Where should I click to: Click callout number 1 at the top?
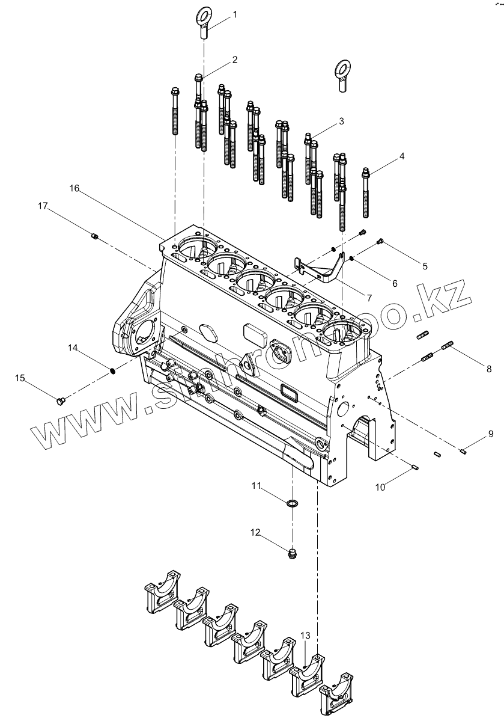[x=235, y=14]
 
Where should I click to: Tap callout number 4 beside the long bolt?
[x=402, y=156]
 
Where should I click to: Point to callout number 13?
[x=305, y=636]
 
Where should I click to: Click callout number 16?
[x=74, y=188]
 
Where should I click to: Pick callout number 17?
[x=43, y=206]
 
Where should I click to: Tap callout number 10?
[x=380, y=487]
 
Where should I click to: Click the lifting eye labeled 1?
[x=203, y=22]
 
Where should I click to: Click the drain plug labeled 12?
[x=293, y=554]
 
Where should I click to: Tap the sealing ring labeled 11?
[x=292, y=502]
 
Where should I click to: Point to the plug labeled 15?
[x=59, y=400]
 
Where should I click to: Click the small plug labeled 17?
[x=95, y=236]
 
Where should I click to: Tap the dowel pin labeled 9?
[x=463, y=451]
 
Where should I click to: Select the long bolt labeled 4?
[x=365, y=194]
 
